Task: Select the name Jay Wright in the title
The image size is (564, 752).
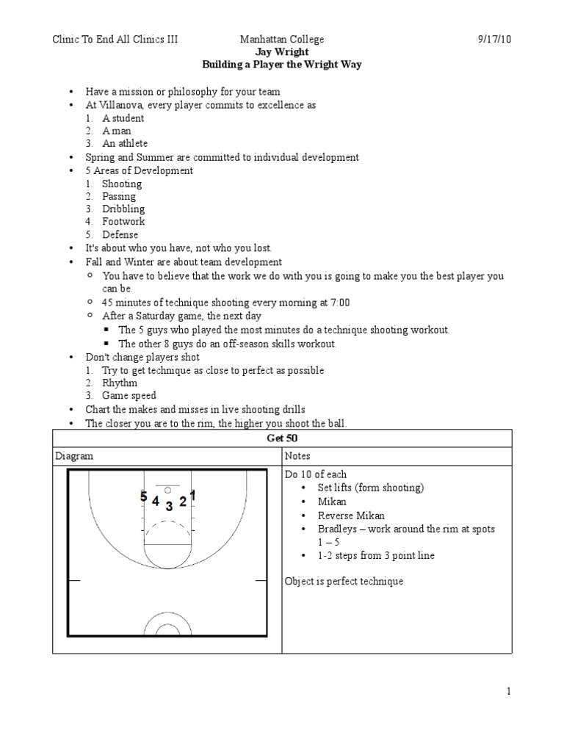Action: tap(281, 52)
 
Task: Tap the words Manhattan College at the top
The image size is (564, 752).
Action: tap(281, 39)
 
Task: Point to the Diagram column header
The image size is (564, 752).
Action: tap(74, 456)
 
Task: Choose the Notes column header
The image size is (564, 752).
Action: tap(297, 456)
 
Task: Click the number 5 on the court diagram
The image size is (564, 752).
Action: tap(144, 497)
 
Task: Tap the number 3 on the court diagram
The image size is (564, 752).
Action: tap(169, 505)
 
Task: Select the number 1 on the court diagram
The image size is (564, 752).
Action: tap(192, 496)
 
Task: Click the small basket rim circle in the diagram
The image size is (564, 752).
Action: tap(168, 489)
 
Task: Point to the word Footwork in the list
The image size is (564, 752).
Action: tap(123, 221)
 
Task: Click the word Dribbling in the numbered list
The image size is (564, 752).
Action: tap(123, 209)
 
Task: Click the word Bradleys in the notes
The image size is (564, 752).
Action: tap(336, 529)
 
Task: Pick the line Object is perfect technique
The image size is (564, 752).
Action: tap(344, 582)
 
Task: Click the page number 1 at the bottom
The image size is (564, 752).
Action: tap(507, 691)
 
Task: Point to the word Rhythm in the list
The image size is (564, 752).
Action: tap(120, 383)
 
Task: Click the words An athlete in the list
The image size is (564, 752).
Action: tap(125, 143)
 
